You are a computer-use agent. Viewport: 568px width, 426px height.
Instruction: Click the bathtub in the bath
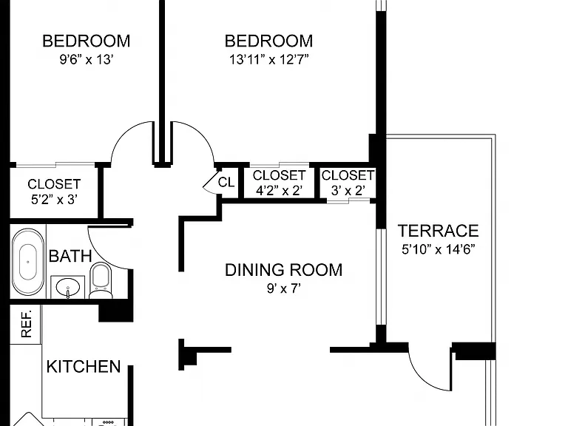tap(28, 262)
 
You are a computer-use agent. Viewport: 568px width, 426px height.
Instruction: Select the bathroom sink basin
tap(68, 287)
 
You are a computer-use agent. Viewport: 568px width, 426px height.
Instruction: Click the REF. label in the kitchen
tap(27, 323)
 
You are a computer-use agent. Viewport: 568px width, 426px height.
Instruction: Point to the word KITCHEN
tap(84, 367)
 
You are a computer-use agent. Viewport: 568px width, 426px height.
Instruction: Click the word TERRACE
tap(439, 231)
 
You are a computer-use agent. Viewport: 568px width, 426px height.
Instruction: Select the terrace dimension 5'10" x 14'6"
tap(439, 249)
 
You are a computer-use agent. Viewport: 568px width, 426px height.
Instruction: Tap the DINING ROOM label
tap(284, 270)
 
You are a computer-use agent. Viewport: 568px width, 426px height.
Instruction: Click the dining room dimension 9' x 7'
tap(284, 288)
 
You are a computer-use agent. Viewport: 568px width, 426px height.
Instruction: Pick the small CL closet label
tap(226, 182)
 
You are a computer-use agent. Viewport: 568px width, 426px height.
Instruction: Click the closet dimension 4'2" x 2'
tap(279, 190)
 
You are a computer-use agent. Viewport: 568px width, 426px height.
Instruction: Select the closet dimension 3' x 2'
tap(348, 190)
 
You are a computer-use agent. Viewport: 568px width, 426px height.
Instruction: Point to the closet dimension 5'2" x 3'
tap(54, 199)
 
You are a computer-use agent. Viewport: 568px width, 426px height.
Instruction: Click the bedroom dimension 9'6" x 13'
tap(87, 59)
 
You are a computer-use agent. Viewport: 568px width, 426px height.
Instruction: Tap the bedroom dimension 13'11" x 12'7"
tap(268, 59)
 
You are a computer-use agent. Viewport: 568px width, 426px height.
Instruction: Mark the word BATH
tap(70, 256)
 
